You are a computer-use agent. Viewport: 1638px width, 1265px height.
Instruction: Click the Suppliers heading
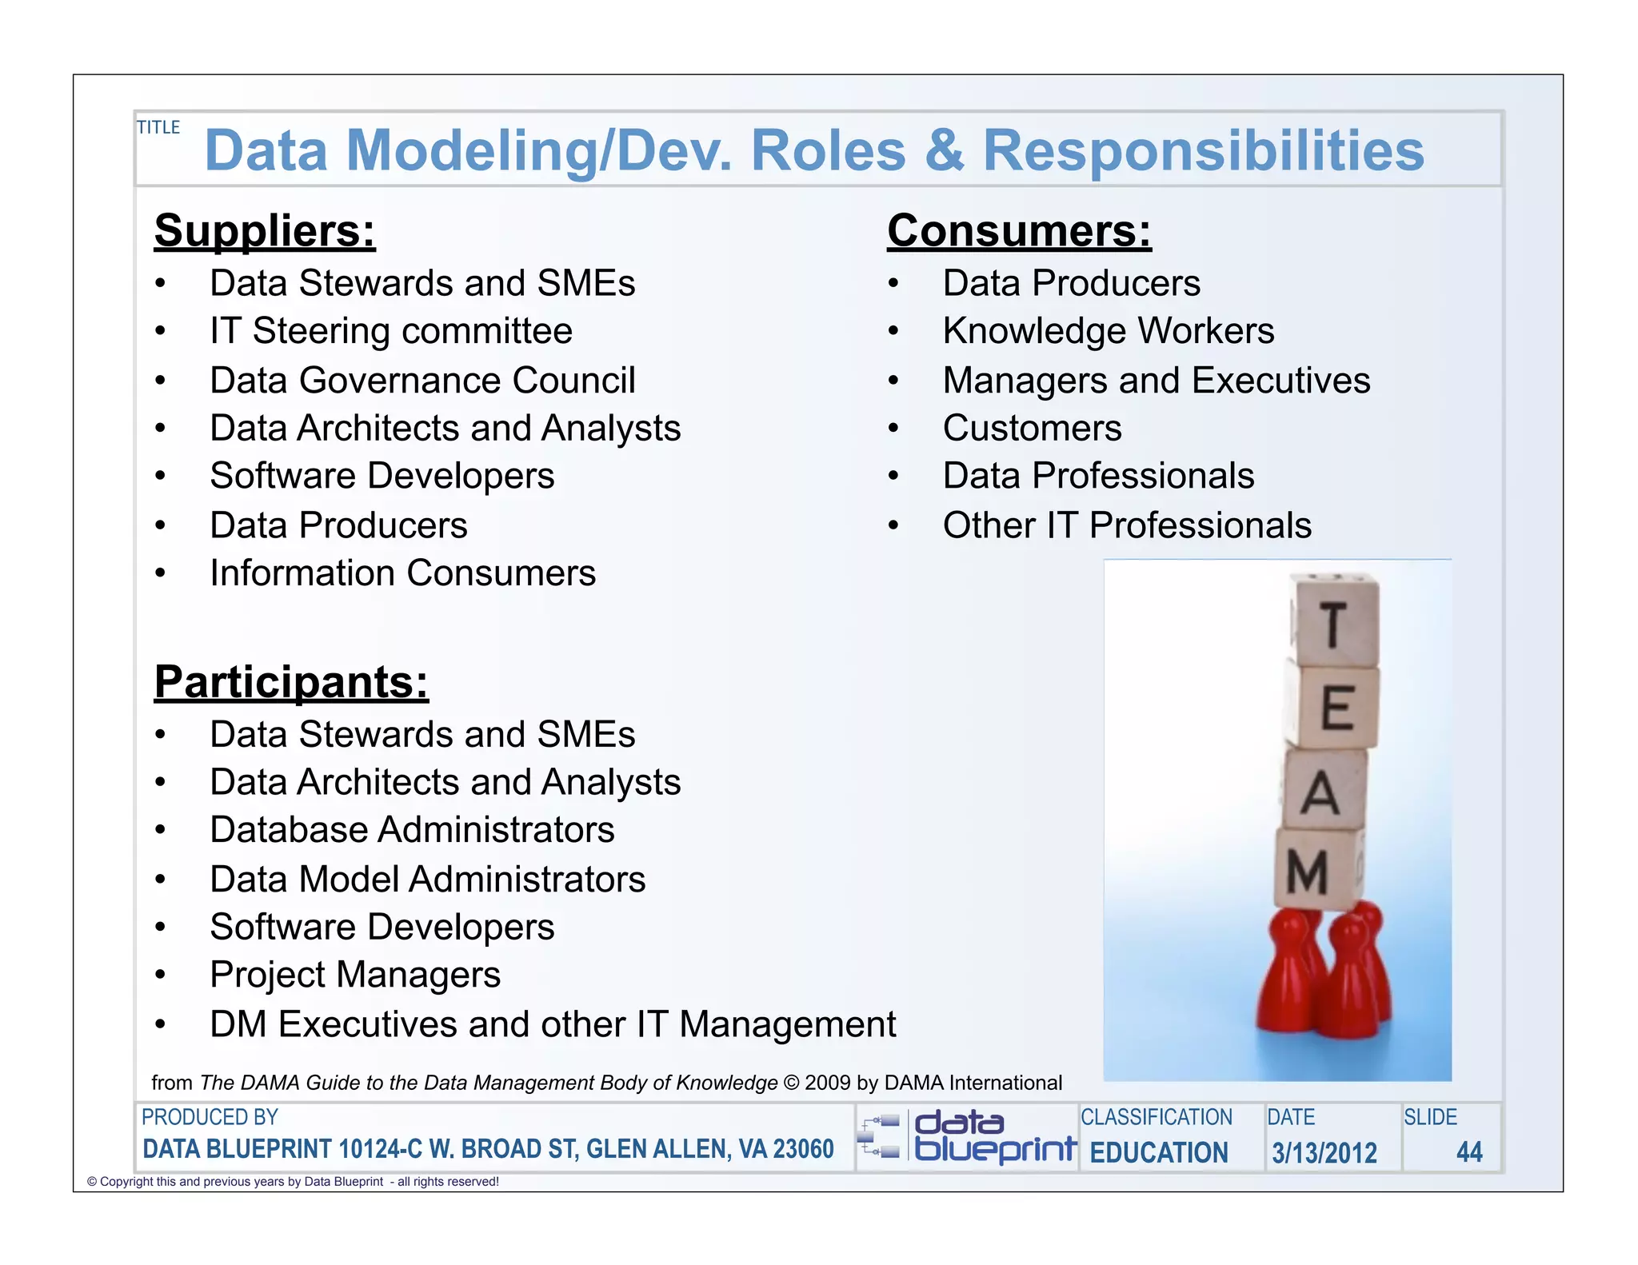tap(265, 231)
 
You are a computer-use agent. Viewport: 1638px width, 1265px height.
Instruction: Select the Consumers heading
tap(1019, 231)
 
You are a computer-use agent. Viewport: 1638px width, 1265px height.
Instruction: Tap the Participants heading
tap(291, 682)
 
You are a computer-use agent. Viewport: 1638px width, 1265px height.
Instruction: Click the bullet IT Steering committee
tap(390, 331)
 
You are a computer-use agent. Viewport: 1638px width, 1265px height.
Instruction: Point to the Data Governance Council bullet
tap(422, 381)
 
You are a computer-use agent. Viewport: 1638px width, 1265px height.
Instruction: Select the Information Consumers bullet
tap(402, 573)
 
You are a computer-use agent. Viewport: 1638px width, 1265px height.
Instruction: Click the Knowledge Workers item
tap(1108, 331)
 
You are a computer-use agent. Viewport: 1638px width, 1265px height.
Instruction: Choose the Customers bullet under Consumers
tap(1032, 429)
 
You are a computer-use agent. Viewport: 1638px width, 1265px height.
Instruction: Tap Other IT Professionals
tap(1126, 526)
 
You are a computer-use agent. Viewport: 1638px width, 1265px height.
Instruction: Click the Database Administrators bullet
tap(412, 830)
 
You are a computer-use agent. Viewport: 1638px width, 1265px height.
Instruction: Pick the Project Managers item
tap(355, 975)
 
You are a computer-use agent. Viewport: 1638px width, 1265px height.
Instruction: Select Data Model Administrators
tap(427, 880)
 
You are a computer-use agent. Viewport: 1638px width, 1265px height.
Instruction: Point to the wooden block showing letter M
tap(1312, 870)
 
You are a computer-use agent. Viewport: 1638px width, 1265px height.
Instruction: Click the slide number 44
tap(1468, 1152)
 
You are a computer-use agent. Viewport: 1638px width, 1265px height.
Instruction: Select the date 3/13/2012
tap(1324, 1152)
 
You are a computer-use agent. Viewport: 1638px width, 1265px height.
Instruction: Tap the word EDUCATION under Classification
tap(1158, 1152)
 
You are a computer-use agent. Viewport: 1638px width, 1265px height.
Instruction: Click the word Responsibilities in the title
tap(1203, 150)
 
